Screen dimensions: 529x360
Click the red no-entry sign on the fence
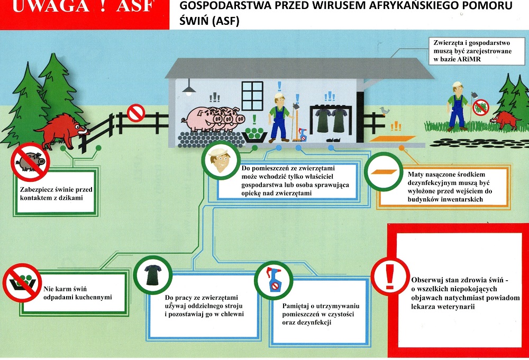(135, 113)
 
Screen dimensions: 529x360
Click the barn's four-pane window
(252, 96)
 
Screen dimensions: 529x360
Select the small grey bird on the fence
(384, 110)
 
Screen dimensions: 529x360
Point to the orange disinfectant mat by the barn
(393, 139)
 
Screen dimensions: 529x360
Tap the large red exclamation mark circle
(390, 276)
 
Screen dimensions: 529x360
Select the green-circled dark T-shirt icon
(153, 275)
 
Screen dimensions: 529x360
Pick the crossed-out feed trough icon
(22, 282)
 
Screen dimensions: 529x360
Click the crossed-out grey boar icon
(30, 162)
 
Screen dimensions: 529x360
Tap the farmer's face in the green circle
(220, 160)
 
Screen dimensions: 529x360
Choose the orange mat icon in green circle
(384, 172)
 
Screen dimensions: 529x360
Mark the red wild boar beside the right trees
(504, 119)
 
